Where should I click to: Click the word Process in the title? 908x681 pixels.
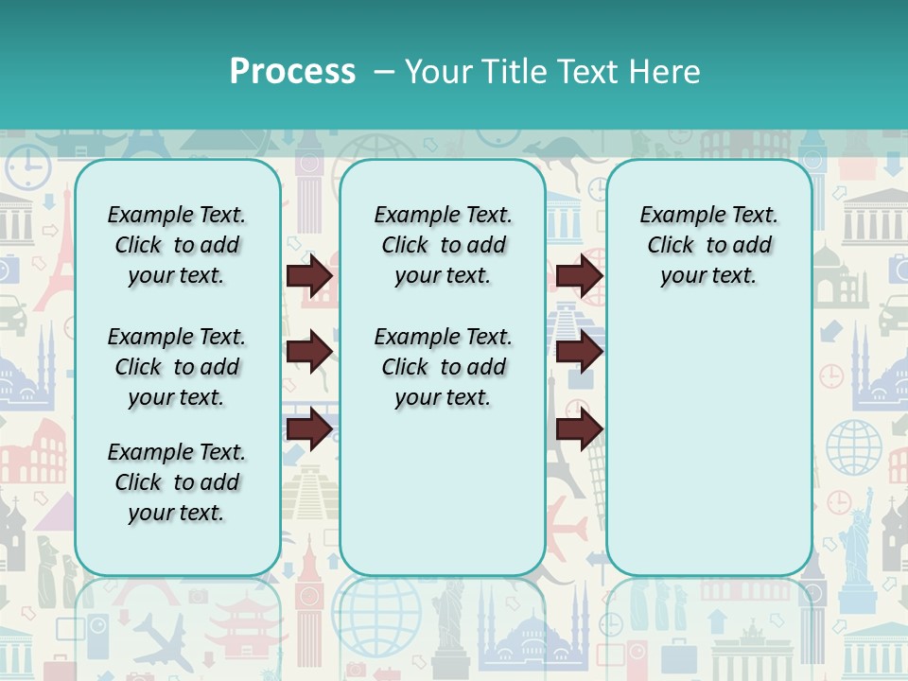[292, 72]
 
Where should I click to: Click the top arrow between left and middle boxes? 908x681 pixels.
[309, 276]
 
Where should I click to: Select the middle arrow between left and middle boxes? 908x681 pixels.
[309, 352]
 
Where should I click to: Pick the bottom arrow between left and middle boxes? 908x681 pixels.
[309, 428]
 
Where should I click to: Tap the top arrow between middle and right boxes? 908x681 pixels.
[579, 276]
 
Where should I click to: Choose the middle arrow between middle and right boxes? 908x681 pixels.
[579, 352]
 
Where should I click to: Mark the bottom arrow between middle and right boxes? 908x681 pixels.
[579, 428]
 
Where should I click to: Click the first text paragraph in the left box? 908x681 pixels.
[177, 245]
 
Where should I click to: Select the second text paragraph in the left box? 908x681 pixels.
[177, 367]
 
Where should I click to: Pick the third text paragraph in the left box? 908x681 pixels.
[177, 482]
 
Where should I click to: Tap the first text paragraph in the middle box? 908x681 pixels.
[443, 245]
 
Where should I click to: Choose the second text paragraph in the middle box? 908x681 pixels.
[443, 367]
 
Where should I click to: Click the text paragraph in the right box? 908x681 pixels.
[708, 245]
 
